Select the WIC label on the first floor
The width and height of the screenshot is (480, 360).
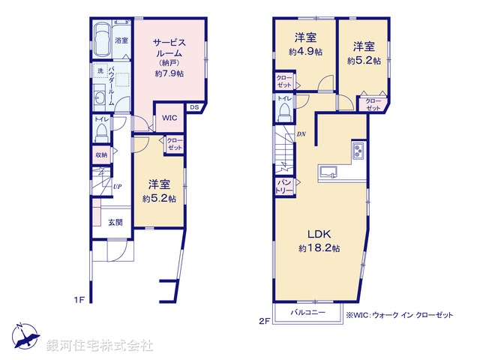coord(168,118)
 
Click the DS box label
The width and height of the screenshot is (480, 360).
coord(193,107)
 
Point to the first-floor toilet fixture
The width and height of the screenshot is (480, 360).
coord(101,132)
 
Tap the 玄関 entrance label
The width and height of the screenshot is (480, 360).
coord(115,222)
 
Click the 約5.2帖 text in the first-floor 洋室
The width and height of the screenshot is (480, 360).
coord(160,199)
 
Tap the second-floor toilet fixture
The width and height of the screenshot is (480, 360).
coord(285,111)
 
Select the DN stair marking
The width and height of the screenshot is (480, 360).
coord(301,133)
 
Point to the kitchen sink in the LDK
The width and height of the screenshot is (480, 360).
coord(328,173)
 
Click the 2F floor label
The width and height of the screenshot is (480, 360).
coord(264,321)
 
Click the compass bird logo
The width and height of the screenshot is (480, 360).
coord(25,337)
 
